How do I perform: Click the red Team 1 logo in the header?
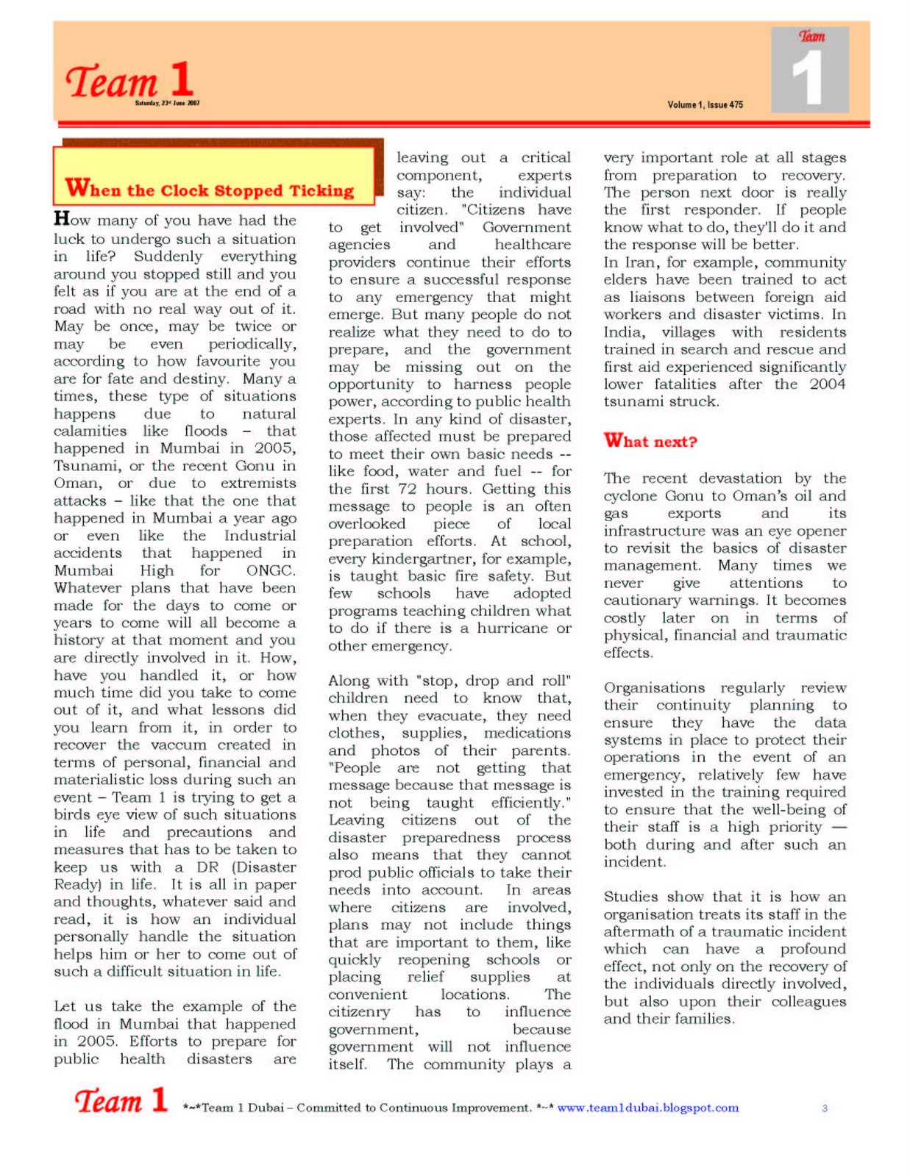129,79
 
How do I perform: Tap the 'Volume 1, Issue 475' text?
705,105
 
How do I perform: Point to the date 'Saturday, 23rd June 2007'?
167,104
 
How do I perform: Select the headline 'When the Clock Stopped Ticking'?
210,190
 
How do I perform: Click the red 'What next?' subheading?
650,441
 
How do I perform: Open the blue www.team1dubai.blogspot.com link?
647,1108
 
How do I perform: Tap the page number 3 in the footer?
825,1108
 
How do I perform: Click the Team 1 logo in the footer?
121,1100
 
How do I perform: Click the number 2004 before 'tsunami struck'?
827,384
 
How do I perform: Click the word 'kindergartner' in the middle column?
424,559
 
